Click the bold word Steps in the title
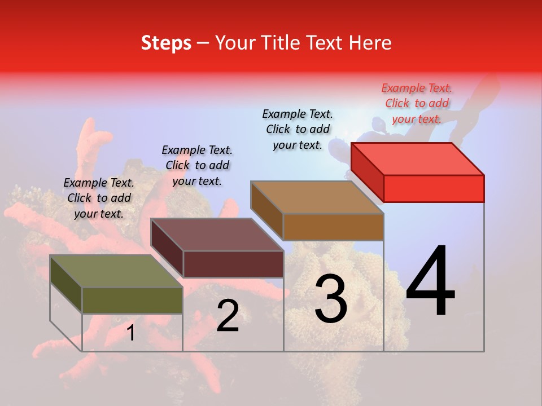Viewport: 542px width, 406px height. (166, 43)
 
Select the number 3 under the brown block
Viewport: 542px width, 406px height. (331, 299)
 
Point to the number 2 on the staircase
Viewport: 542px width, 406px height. (228, 316)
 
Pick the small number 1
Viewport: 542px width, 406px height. (130, 333)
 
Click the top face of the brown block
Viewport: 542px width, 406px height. (317, 197)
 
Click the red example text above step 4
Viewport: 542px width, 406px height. (417, 103)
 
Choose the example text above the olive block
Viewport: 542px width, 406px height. (99, 198)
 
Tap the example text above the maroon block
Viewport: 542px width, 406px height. (197, 165)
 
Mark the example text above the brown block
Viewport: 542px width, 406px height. (298, 129)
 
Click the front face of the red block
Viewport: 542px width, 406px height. (434, 188)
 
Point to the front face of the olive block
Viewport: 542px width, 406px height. (132, 301)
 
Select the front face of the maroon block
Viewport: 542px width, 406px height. (233, 264)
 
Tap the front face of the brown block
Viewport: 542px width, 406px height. (333, 227)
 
